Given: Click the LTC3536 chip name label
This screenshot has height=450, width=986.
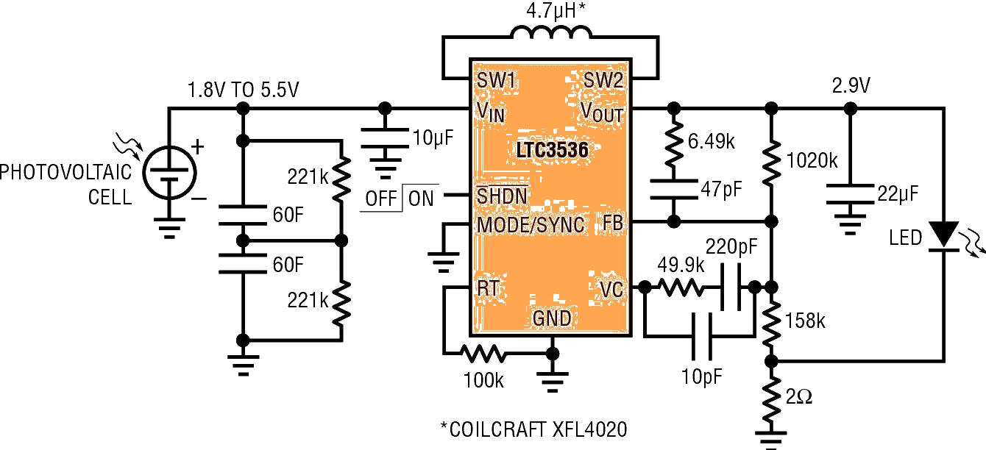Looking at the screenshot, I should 551,151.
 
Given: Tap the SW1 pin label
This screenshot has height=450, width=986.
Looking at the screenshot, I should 497,80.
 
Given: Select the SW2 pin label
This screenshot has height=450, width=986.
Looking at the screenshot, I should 604,80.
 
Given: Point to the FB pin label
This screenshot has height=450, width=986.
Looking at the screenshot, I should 611,222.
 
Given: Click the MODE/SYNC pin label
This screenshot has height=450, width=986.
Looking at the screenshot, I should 531,224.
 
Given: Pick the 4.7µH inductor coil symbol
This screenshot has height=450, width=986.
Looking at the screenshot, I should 550,37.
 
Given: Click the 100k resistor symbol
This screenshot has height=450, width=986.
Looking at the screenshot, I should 483,354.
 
